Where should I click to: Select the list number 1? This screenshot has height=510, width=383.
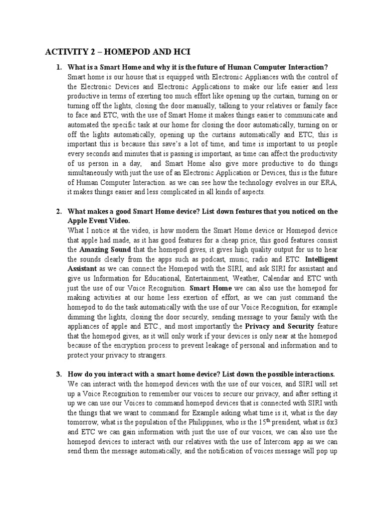pos(58,67)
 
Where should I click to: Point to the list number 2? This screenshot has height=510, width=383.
pos(58,211)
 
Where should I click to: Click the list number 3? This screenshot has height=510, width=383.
pos(58,374)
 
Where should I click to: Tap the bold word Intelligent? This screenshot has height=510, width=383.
pos(321,259)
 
